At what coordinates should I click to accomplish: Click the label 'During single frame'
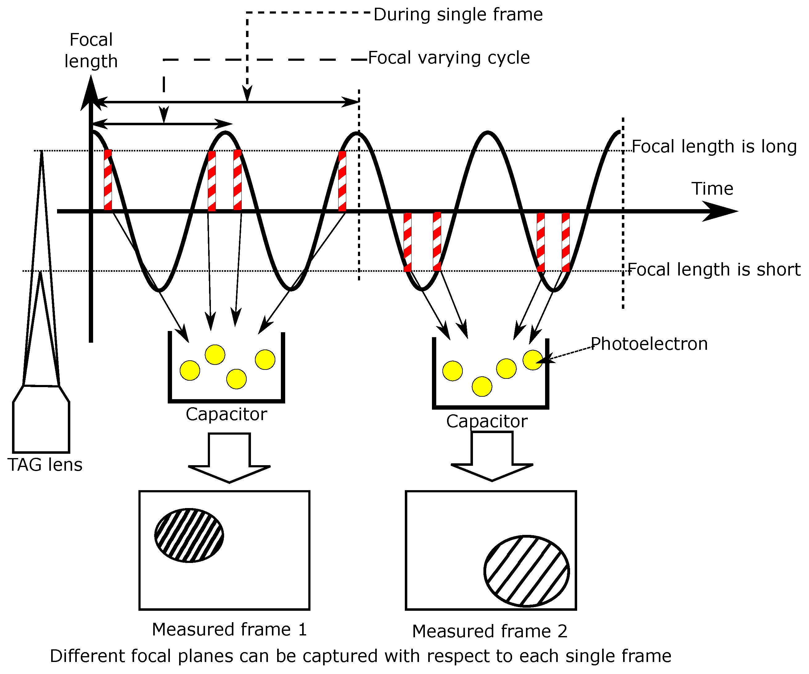tap(458, 14)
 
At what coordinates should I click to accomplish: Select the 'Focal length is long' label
tap(714, 147)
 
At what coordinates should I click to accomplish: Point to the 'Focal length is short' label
tap(714, 270)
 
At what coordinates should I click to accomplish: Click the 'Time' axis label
tap(712, 189)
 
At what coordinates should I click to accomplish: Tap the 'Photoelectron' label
tap(649, 344)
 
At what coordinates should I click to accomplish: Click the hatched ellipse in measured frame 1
tap(189, 535)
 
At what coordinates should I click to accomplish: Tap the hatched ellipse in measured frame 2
tap(526, 571)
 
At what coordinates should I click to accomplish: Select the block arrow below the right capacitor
tap(492, 456)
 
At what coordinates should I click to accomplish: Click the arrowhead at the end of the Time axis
tap(721, 211)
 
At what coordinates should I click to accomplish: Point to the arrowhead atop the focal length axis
tap(91, 93)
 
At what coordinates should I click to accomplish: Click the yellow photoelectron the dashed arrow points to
tap(532, 360)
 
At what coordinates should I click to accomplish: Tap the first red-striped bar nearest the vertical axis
tap(108, 180)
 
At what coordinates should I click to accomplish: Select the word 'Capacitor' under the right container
tap(487, 421)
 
